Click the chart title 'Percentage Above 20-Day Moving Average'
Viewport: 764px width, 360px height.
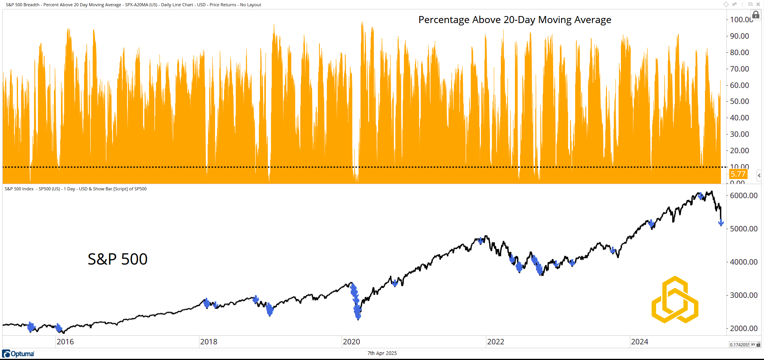[515, 20]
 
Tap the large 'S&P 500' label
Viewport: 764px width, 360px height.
[117, 259]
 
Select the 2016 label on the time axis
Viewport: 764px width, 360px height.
[65, 342]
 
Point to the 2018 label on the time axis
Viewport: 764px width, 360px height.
[208, 342]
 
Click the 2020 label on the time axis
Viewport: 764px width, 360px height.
[351, 342]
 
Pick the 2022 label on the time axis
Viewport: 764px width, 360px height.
[495, 342]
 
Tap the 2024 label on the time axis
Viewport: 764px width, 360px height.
[639, 342]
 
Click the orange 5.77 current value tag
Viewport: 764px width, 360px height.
[738, 174]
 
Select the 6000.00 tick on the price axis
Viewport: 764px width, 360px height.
[744, 195]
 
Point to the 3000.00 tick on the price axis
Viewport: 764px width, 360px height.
[744, 295]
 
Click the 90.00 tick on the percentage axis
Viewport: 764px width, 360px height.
[739, 36]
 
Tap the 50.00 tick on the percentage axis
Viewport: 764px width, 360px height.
[739, 101]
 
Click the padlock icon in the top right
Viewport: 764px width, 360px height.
[756, 15]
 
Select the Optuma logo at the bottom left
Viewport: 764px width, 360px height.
[18, 354]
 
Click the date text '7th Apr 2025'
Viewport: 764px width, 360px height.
[382, 353]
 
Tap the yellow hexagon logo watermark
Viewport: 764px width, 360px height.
[675, 300]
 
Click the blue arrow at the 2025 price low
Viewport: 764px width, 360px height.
[721, 223]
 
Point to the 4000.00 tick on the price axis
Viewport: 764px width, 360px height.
[744, 262]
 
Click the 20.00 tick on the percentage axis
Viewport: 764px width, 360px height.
[739, 150]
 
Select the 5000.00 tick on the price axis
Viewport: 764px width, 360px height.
[744, 229]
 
